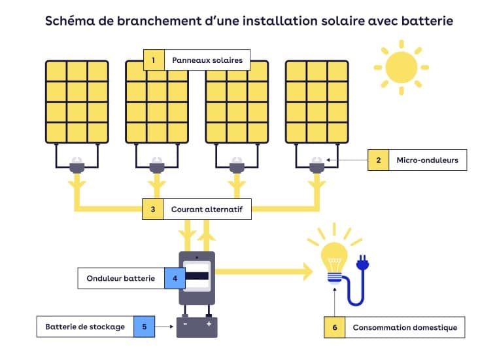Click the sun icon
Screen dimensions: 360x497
point(400,67)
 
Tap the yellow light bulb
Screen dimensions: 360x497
point(334,257)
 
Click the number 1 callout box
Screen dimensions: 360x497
point(153,60)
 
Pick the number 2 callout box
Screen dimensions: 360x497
point(378,160)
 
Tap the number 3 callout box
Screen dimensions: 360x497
point(153,209)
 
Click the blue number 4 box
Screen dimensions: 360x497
point(175,278)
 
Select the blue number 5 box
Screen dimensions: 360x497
point(145,327)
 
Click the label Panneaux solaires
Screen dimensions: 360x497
point(207,60)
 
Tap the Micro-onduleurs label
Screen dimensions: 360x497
point(428,160)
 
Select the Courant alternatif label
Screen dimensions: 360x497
point(207,209)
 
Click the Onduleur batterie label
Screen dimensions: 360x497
point(121,278)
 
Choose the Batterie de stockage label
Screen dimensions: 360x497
point(85,327)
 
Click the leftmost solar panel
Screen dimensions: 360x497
point(77,101)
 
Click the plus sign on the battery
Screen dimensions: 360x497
point(209,324)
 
